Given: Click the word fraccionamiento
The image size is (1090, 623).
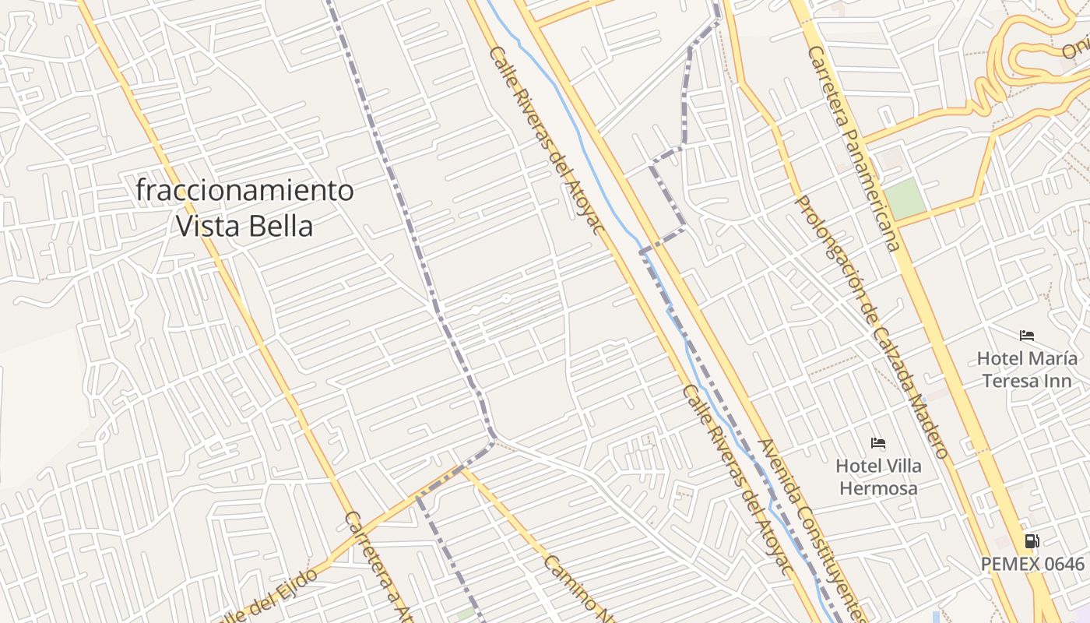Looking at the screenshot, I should [244, 190].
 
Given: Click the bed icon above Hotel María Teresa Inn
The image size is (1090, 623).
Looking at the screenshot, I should [1027, 336].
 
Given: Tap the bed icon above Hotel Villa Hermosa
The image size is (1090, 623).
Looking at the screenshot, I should [878, 443].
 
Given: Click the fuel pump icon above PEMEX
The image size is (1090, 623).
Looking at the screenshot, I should [1032, 540].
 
